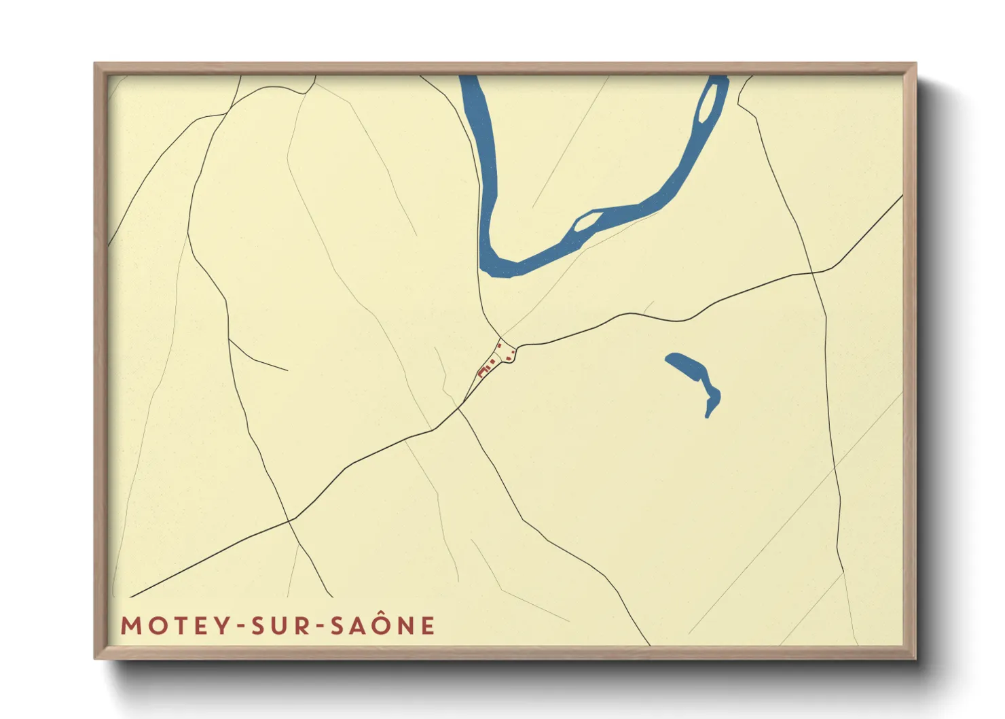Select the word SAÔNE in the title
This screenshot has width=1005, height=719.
[x=382, y=625]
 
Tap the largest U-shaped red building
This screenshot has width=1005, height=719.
[x=483, y=372]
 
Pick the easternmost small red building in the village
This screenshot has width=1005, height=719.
[x=509, y=357]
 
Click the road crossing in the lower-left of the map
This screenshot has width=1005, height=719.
[x=290, y=520]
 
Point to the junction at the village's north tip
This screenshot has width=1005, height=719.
[x=500, y=337]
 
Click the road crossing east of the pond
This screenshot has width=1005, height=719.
[x=813, y=273]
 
